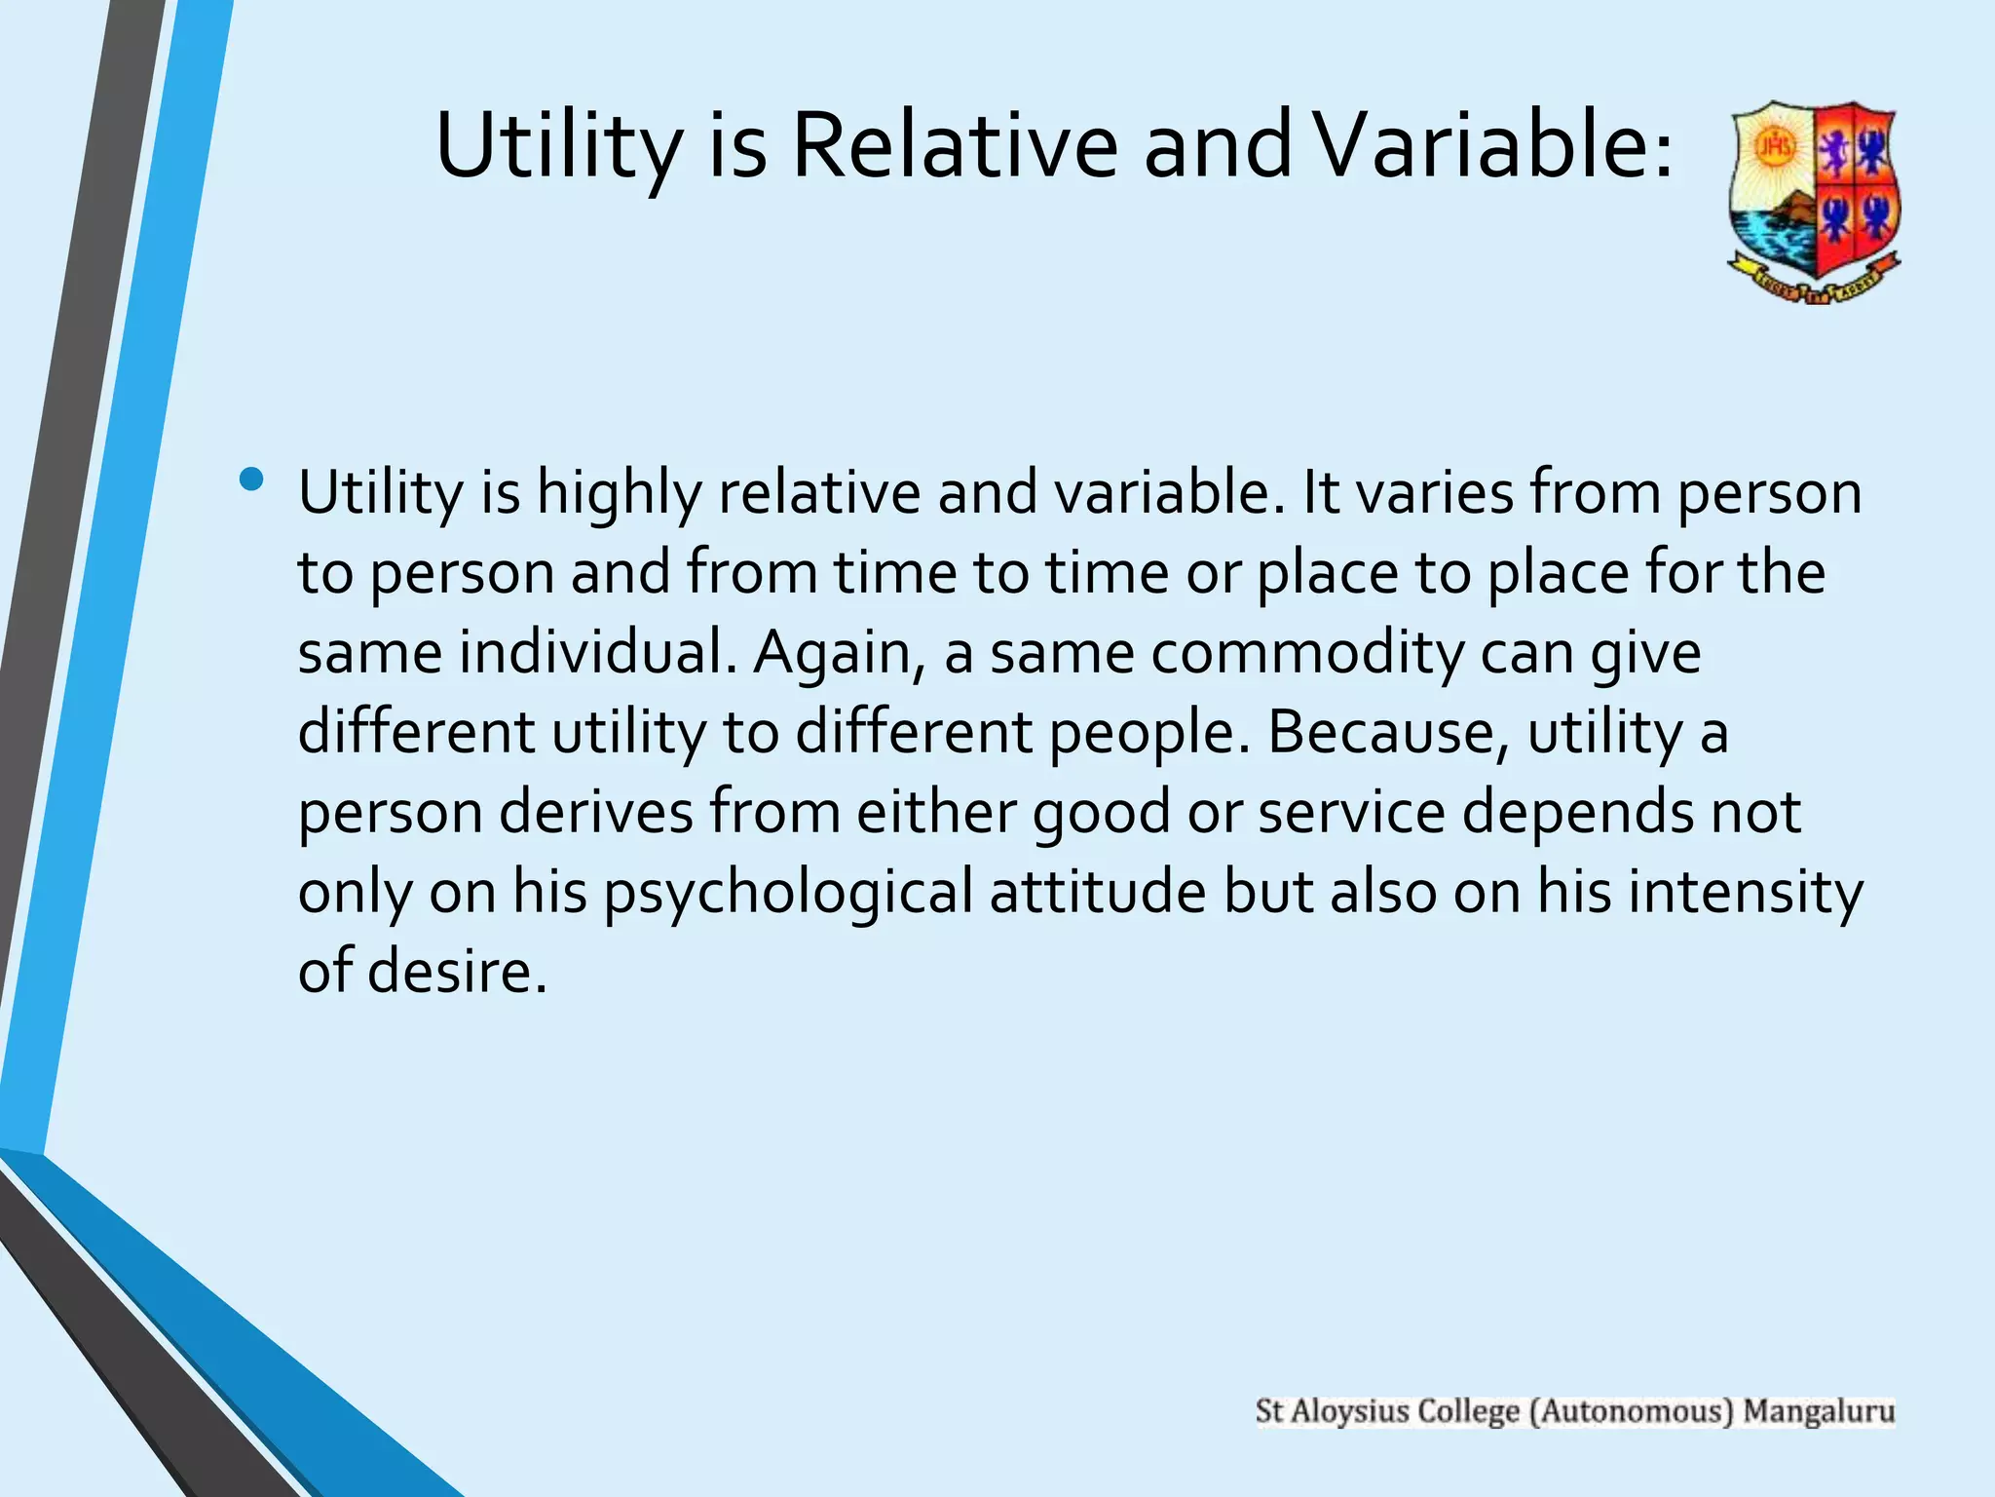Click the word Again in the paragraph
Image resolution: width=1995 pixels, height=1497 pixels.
(840, 652)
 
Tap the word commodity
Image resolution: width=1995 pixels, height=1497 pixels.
(1306, 652)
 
